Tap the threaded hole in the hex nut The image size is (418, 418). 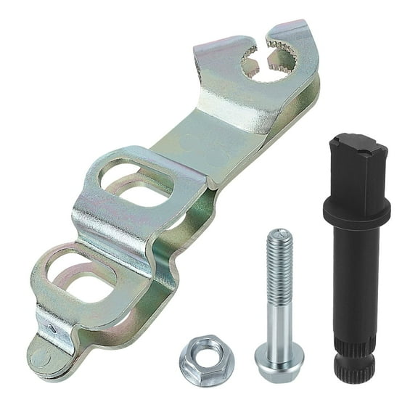202,356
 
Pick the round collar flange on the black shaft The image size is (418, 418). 356,210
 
